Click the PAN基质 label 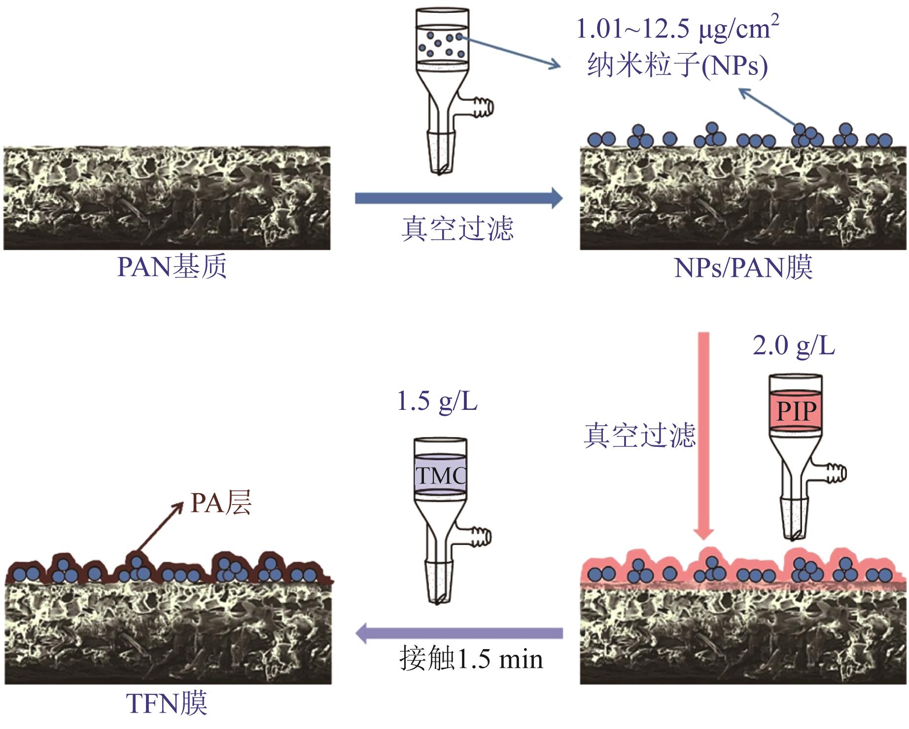172,267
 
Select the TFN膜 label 167,703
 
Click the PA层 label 221,504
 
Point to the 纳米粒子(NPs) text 677,65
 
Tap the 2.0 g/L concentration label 794,346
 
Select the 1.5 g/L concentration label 437,402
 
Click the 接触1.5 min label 471,659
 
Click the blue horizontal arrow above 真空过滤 458,198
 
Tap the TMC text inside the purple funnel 440,476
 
